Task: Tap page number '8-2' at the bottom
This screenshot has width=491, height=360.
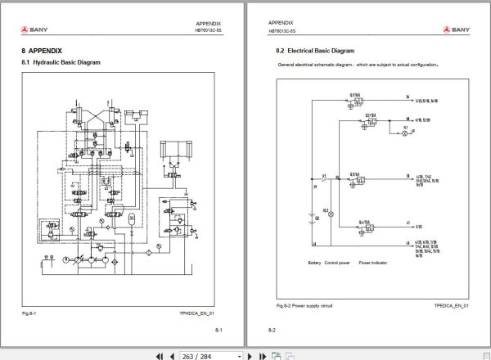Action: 273,330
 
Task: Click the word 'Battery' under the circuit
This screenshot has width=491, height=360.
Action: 314,263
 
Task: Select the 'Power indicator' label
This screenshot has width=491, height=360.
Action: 372,263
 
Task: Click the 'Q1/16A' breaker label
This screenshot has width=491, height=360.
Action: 357,95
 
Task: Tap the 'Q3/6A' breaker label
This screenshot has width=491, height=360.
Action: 355,175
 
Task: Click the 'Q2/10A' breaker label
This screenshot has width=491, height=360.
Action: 370,114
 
